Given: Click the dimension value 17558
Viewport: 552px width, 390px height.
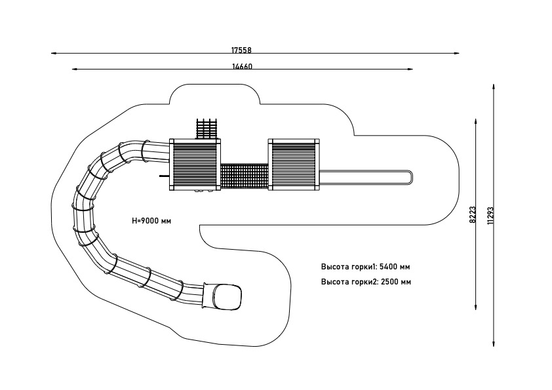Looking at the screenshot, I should (x=241, y=50).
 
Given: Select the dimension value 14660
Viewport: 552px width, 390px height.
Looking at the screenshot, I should (x=242, y=66).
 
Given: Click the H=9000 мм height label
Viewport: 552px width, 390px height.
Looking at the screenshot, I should (x=151, y=222).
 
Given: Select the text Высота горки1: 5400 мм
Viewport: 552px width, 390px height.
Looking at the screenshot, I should (x=366, y=267).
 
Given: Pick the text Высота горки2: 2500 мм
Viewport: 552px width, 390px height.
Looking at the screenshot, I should (x=366, y=282).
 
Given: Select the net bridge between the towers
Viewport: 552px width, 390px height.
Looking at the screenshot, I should (x=244, y=176).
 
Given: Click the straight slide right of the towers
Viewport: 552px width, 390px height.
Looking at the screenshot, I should (x=364, y=176).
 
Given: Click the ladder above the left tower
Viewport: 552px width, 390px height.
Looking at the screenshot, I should (x=207, y=128).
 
